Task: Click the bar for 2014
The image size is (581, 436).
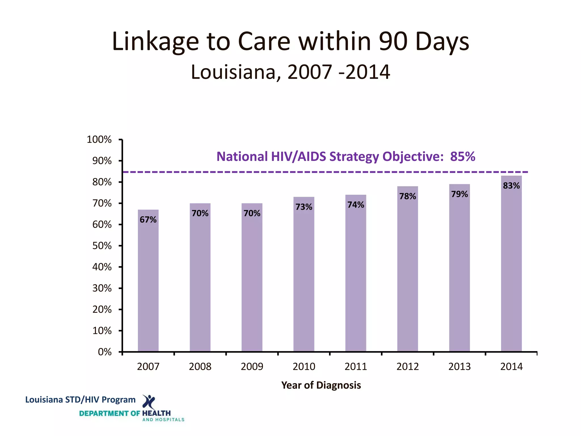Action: [x=511, y=270]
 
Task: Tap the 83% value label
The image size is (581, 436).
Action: [x=511, y=186]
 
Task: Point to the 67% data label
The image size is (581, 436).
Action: [x=148, y=219]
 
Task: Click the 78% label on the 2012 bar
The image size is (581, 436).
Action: [x=408, y=196]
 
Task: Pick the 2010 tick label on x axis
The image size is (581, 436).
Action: [x=304, y=366]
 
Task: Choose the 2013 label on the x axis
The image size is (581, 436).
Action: [x=459, y=366]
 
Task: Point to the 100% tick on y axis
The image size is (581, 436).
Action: [x=99, y=139]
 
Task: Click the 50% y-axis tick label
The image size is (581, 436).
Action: [x=102, y=246]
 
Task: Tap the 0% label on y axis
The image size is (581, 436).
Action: [x=105, y=352]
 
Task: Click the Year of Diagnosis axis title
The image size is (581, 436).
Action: [x=321, y=385]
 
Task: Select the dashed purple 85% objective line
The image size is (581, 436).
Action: [x=312, y=172]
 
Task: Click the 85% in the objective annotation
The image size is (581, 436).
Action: [x=462, y=156]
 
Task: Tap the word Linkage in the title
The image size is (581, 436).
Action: [x=155, y=41]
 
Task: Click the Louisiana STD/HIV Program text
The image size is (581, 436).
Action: [x=80, y=400]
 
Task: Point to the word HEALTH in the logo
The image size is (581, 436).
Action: [x=156, y=413]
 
